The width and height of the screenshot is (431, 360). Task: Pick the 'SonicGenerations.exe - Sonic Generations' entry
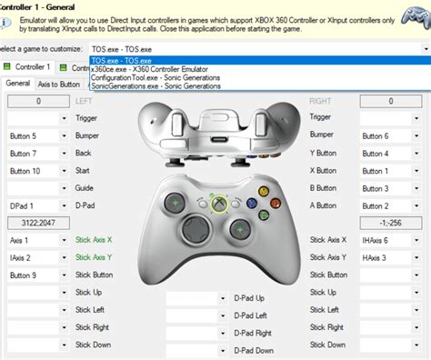coord(158,86)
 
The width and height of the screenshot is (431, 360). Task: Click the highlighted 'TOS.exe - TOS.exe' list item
coord(124,60)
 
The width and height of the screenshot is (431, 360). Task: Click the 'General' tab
coord(16,84)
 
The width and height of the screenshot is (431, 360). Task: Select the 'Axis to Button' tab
coord(58,84)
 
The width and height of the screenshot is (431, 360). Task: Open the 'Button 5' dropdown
coord(37,135)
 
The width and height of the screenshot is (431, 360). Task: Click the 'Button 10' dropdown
coord(37,171)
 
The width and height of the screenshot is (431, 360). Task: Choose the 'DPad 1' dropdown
coord(37,205)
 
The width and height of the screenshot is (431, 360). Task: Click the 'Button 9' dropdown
coord(37,275)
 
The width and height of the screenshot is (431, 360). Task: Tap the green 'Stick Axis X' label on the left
coord(95,240)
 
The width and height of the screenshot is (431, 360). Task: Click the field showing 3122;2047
coord(37,223)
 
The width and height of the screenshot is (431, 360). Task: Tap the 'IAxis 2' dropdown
coord(37,257)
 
